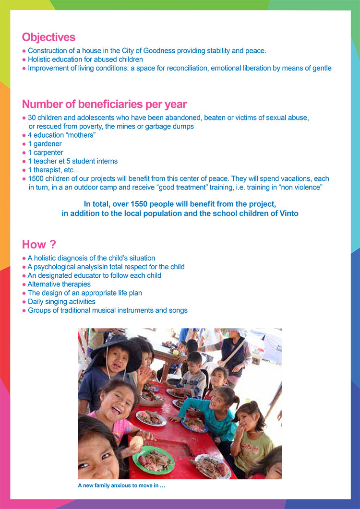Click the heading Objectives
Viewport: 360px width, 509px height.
[48, 37]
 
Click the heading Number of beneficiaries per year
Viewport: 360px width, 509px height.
[104, 104]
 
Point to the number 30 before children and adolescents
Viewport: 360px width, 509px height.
[32, 118]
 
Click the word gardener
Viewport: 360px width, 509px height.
[48, 144]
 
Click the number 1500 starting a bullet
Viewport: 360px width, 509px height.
[36, 178]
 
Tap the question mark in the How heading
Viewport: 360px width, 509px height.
[53, 245]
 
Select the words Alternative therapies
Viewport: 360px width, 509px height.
[59, 284]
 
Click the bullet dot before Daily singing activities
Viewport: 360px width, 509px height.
[24, 302]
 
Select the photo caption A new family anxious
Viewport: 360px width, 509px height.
[121, 485]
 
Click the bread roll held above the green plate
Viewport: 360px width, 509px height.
[138, 441]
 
